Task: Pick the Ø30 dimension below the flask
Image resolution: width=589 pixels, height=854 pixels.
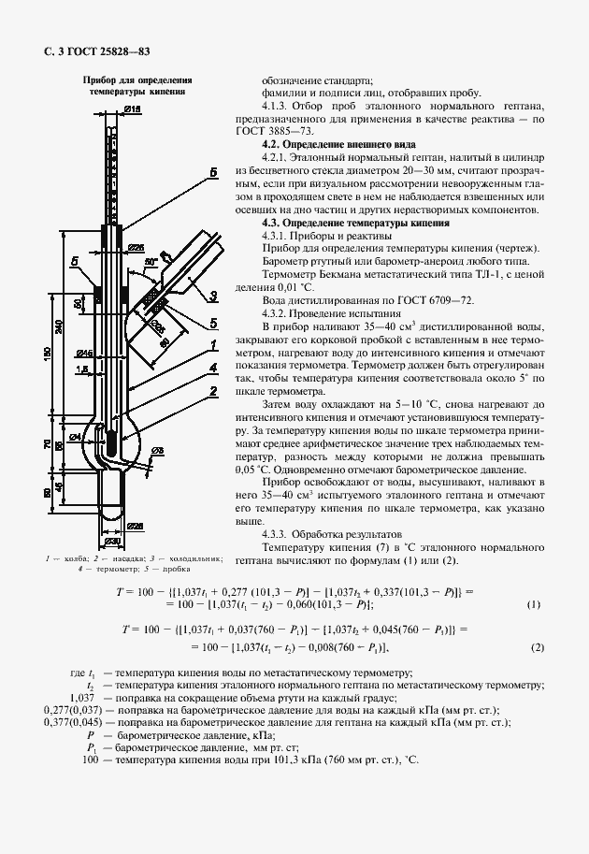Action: [111, 542]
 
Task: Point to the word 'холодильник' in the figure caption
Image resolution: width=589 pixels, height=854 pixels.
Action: [194, 558]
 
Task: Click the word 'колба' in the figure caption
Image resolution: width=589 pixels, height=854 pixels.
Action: [74, 558]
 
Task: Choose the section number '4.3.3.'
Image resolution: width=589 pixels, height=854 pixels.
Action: [280, 533]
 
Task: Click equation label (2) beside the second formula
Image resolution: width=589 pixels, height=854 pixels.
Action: [537, 648]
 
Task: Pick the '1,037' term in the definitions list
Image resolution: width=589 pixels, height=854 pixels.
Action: [82, 698]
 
